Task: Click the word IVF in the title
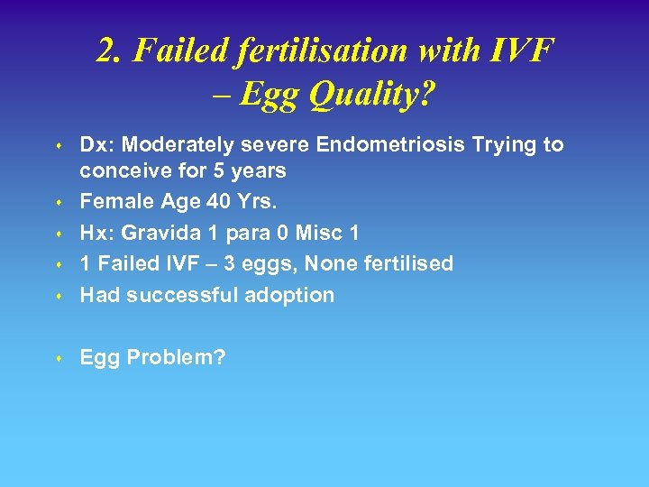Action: pyautogui.click(x=524, y=52)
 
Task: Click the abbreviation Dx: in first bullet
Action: pyautogui.click(x=97, y=144)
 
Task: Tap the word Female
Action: pyautogui.click(x=111, y=202)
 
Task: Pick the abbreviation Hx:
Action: pyautogui.click(x=96, y=233)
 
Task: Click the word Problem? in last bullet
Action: pyautogui.click(x=177, y=358)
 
